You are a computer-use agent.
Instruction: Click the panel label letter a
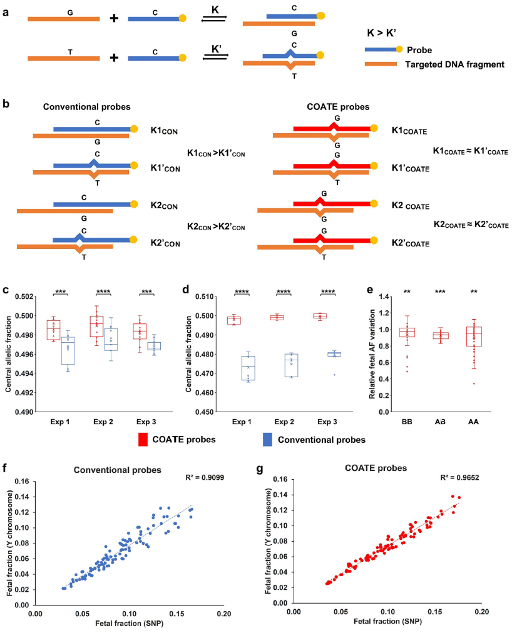point(6,11)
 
